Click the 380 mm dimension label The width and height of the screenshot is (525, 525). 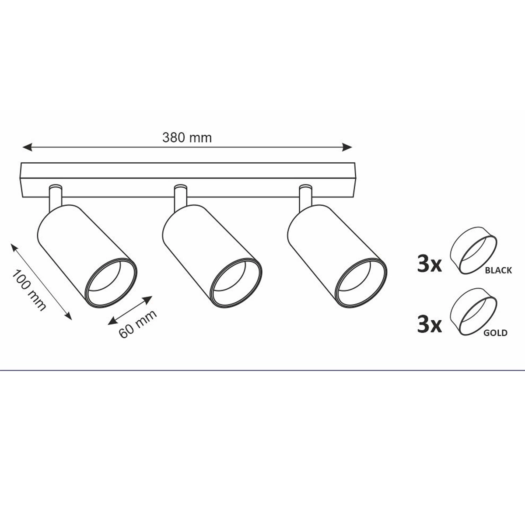(x=187, y=138)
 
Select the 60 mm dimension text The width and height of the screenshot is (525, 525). (x=138, y=324)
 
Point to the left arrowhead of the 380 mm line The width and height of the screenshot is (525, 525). (x=28, y=147)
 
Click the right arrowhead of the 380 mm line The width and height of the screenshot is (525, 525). (x=347, y=147)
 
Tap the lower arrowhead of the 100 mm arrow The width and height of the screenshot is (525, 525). (x=67, y=315)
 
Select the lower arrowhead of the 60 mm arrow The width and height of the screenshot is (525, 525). (x=112, y=321)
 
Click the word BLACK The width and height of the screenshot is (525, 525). (x=498, y=270)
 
